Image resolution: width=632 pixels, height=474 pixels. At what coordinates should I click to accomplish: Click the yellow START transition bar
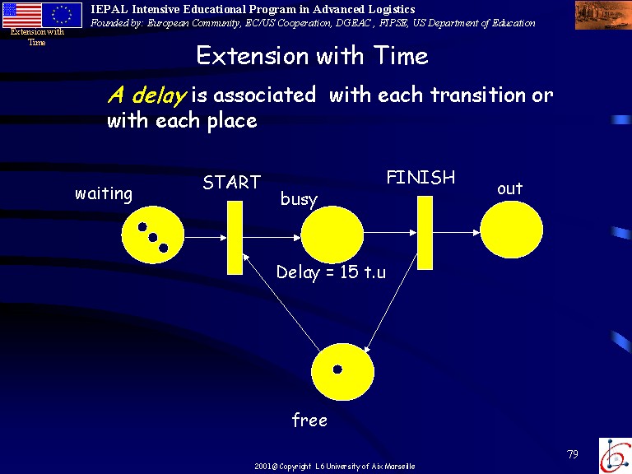tap(235, 238)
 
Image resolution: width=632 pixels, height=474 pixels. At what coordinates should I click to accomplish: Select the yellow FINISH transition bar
tap(425, 233)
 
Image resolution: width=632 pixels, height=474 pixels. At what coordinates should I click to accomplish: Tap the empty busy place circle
tap(332, 235)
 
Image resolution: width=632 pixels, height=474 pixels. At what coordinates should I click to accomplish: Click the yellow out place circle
tap(512, 230)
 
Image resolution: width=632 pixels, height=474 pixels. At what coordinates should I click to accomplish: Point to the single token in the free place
tap(337, 369)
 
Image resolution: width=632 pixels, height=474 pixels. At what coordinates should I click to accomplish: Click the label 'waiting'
tap(104, 194)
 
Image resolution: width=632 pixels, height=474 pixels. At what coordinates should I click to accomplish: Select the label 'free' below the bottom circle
tap(309, 420)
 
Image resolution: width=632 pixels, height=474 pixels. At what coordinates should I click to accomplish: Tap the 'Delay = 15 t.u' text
tap(331, 272)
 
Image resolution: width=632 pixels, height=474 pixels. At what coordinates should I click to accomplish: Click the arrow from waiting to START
tap(206, 238)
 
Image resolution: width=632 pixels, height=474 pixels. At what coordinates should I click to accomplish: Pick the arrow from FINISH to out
tap(456, 233)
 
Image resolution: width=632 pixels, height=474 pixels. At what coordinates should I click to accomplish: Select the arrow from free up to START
tap(281, 302)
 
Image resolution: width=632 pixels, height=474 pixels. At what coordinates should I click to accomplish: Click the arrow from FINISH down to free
tap(391, 303)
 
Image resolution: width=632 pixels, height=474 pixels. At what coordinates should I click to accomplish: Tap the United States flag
tap(21, 16)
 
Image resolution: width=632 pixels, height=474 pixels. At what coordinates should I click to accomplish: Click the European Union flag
tap(62, 16)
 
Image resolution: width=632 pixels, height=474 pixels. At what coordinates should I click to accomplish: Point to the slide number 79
tap(573, 454)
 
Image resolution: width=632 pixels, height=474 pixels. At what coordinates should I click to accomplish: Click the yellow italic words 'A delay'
tap(147, 95)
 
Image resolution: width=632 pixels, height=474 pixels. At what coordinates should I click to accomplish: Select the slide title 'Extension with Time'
tap(312, 55)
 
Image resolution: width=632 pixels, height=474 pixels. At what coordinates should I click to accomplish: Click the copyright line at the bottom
tap(335, 467)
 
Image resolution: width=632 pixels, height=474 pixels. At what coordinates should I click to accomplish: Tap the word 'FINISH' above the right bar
tap(421, 178)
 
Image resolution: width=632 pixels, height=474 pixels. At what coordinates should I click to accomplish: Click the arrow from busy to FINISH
tap(390, 233)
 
